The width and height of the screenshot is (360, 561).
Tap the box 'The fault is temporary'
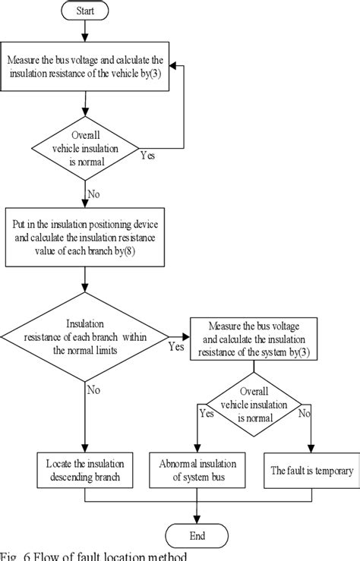311,470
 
